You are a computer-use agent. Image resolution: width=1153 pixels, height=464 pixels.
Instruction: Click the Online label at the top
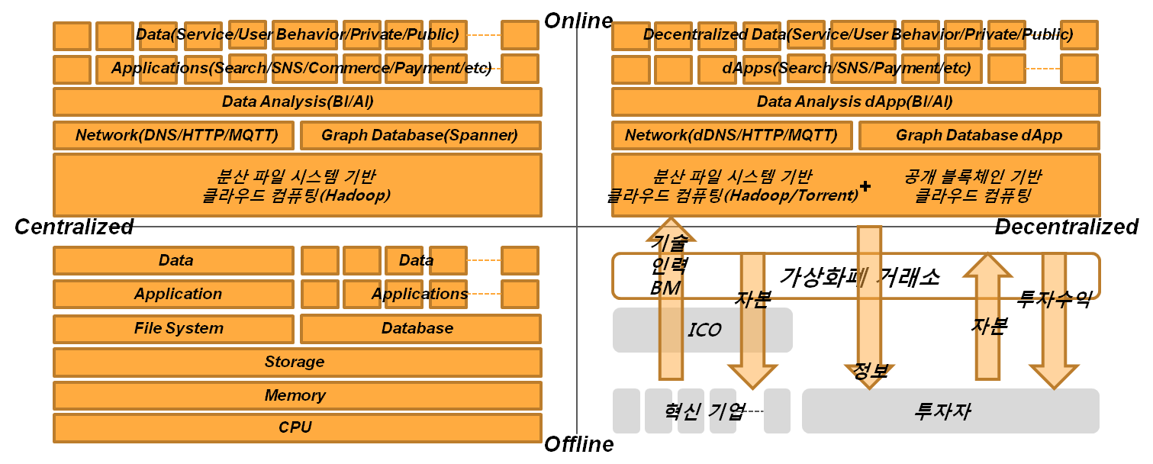pyautogui.click(x=578, y=20)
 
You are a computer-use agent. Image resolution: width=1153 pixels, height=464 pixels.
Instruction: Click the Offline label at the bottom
pyautogui.click(x=578, y=443)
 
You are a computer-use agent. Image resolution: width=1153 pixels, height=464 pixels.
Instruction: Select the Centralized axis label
pyautogui.click(x=74, y=227)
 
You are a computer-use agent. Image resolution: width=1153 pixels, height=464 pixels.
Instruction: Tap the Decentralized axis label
pyautogui.click(x=1066, y=227)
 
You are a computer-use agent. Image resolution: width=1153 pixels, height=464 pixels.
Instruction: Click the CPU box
pyautogui.click(x=296, y=427)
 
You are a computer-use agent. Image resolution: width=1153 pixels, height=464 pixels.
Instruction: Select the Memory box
pyautogui.click(x=296, y=395)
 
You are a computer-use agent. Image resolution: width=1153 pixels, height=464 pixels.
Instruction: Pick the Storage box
pyautogui.click(x=296, y=362)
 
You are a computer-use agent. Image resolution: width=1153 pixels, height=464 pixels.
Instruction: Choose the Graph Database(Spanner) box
pyautogui.click(x=420, y=136)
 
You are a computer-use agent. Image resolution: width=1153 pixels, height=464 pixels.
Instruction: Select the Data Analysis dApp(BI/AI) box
pyautogui.click(x=855, y=101)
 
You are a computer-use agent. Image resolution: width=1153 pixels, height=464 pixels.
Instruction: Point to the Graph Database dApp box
pyautogui.click(x=978, y=136)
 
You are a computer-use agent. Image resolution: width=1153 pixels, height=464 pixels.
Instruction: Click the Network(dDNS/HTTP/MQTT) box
pyautogui.click(x=732, y=136)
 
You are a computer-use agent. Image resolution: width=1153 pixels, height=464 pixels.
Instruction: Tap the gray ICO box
pyautogui.click(x=702, y=330)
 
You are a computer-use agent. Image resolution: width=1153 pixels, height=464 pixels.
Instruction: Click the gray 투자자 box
pyautogui.click(x=950, y=411)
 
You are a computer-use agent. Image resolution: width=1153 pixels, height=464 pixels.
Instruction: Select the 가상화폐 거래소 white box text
pyautogui.click(x=858, y=276)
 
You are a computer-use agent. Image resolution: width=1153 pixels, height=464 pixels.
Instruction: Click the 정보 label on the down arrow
pyautogui.click(x=868, y=372)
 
